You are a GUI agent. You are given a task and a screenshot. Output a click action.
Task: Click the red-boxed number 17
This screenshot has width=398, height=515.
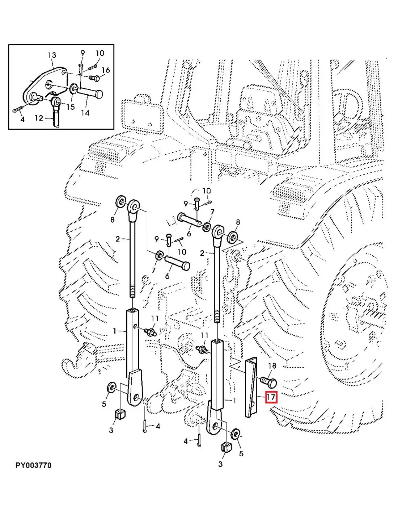tap(271, 397)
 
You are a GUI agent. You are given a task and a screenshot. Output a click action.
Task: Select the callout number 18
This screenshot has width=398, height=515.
tap(272, 366)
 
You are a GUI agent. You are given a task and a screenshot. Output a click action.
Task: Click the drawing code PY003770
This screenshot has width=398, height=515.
tap(33, 465)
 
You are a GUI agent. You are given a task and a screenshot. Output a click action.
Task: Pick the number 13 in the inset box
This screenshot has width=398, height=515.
tap(52, 55)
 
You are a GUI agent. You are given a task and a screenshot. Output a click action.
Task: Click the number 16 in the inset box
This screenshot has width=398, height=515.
tap(105, 70)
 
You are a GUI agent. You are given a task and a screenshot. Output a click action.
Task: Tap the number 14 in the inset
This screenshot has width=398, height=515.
tap(85, 113)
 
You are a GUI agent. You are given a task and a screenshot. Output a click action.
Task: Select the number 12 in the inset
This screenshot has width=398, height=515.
tap(39, 118)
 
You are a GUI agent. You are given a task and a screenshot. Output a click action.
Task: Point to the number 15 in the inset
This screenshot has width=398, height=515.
tap(70, 107)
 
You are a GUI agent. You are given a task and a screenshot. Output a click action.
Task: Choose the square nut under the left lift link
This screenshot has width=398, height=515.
tap(119, 414)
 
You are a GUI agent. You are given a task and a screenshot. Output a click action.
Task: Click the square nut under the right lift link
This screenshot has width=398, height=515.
tap(226, 448)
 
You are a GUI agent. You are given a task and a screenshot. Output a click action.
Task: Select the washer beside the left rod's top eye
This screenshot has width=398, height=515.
tap(120, 202)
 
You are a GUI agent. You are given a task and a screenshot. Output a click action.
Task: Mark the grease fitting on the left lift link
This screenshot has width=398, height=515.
tap(149, 331)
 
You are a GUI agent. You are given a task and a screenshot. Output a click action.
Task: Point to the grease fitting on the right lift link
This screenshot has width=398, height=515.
tap(201, 349)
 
